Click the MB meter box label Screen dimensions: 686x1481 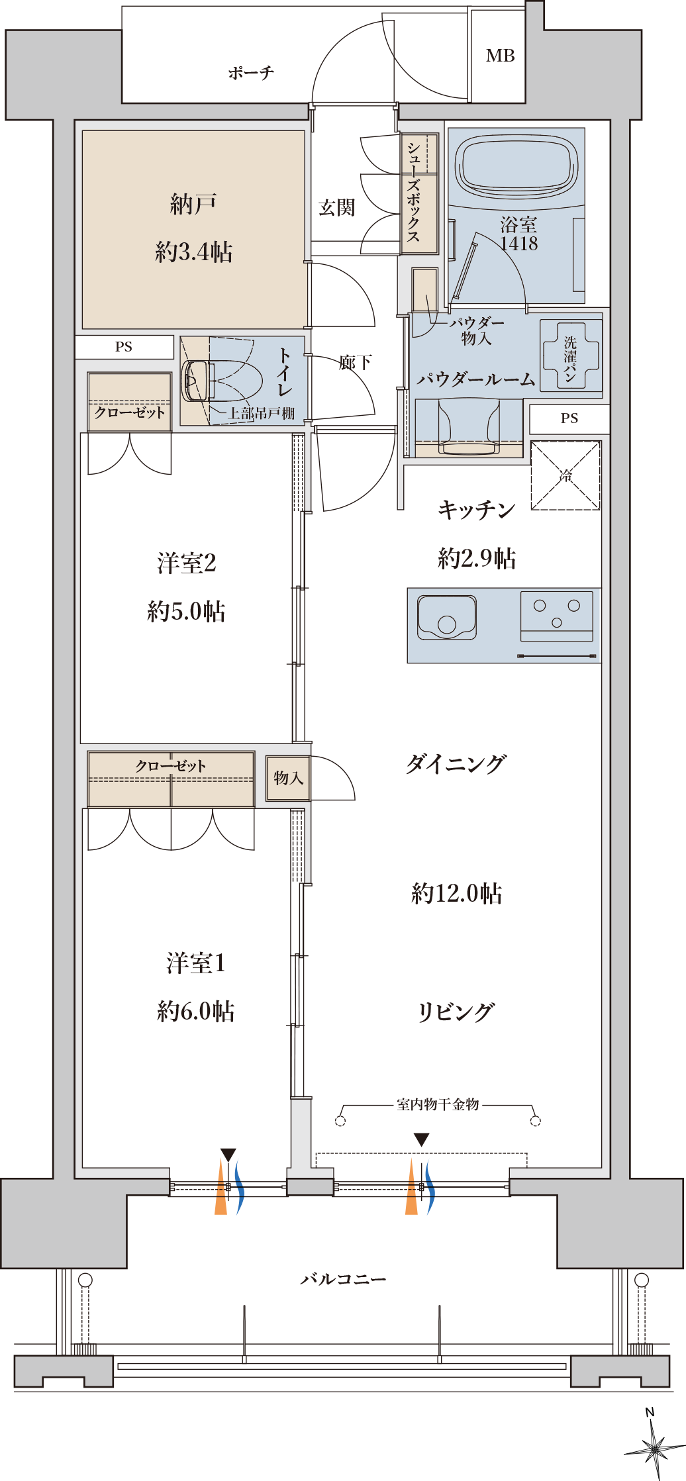[x=500, y=56]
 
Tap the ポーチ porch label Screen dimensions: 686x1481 [x=251, y=72]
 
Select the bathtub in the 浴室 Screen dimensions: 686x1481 [x=516, y=166]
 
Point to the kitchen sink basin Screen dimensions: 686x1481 [x=447, y=617]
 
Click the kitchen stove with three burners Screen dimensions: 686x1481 [x=556, y=616]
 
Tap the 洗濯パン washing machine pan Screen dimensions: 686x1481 [x=571, y=356]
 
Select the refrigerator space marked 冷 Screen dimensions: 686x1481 [x=565, y=475]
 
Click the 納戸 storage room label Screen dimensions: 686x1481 [x=193, y=205]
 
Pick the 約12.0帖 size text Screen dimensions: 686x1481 [x=457, y=893]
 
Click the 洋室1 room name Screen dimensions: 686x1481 [x=196, y=963]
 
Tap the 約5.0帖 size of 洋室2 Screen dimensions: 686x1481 [x=186, y=611]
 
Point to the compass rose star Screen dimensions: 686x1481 [x=655, y=1449]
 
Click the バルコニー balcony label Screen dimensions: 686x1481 [x=343, y=1279]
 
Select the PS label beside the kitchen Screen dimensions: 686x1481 [x=569, y=418]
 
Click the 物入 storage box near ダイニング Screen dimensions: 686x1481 [x=288, y=779]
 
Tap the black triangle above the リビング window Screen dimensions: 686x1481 [x=421, y=1140]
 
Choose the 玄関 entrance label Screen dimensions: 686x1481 [x=337, y=208]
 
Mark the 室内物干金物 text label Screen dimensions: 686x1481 [x=438, y=1104]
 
